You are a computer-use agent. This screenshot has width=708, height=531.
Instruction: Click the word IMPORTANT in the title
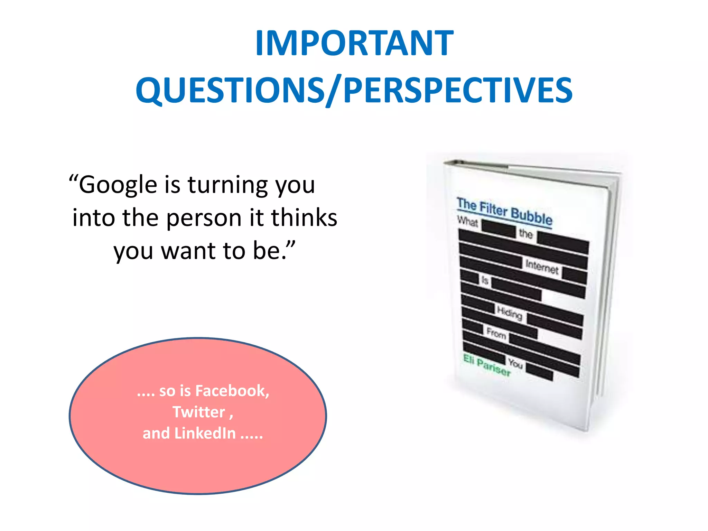[354, 43]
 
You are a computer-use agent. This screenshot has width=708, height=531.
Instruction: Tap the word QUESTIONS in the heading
[230, 90]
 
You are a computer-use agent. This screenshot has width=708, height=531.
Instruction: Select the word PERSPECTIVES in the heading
[458, 90]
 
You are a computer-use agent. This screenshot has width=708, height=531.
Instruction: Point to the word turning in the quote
[227, 185]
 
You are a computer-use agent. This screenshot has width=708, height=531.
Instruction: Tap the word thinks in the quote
[304, 218]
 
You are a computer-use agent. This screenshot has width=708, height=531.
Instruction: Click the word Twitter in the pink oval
[199, 412]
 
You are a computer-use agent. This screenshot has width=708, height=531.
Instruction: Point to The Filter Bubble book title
[504, 211]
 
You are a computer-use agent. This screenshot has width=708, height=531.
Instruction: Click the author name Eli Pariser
[487, 365]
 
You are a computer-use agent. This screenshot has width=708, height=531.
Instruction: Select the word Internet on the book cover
[542, 267]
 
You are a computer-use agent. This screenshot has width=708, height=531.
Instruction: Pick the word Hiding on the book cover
[510, 313]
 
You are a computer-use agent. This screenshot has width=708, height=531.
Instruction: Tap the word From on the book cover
[496, 334]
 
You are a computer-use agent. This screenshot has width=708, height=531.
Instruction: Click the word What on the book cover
[467, 221]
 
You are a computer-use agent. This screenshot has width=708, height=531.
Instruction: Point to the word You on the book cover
[515, 363]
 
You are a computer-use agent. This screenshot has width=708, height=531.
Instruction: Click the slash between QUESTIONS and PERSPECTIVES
[333, 91]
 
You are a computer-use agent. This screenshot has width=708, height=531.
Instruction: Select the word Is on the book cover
[485, 280]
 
